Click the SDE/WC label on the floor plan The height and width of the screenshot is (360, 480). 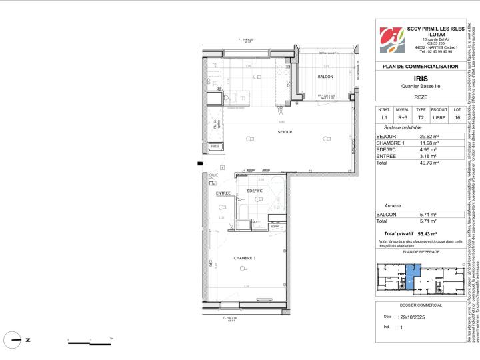tap(237, 191)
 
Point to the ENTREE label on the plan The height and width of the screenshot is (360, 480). tap(205, 193)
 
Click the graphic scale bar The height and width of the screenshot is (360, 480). tap(90, 343)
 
